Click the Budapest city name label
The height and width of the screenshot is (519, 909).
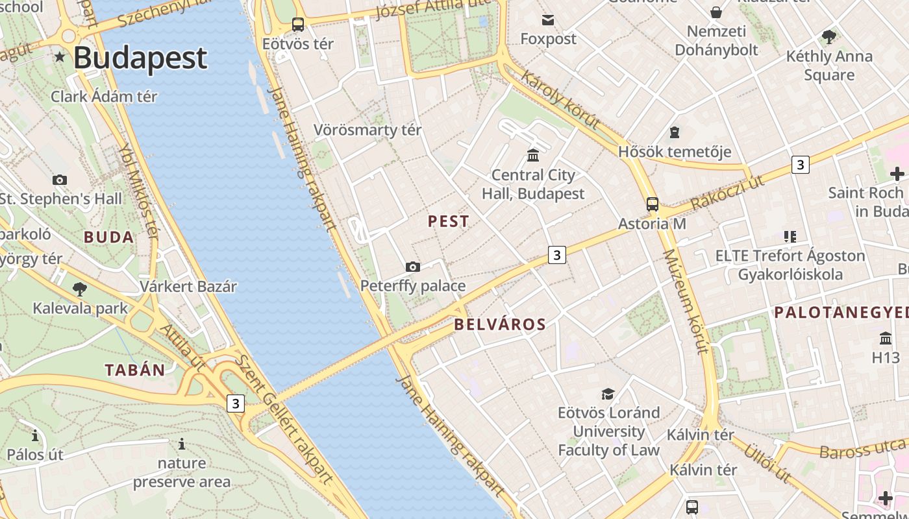point(140,58)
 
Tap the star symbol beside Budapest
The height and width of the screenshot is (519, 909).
point(60,57)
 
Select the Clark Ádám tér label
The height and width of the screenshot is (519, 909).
point(105,97)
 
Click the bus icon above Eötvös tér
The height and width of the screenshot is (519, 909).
point(298,25)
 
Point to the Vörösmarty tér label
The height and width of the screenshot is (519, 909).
point(367,130)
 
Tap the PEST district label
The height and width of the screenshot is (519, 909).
point(448,221)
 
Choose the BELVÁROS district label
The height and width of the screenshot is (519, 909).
point(500,324)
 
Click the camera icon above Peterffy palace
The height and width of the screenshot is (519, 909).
point(412,267)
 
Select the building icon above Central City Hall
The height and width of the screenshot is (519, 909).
point(533,155)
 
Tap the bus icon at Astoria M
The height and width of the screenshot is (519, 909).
point(653,204)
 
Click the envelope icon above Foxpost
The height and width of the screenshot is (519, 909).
point(549,20)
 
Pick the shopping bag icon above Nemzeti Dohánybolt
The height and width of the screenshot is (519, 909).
point(716,12)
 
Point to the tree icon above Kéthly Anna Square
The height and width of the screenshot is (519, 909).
point(829,36)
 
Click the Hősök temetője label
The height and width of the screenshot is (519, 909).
point(675,152)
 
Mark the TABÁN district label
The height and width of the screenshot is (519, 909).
point(135,370)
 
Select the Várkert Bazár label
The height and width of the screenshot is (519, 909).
point(188,286)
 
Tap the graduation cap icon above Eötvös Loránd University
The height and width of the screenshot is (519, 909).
point(608,394)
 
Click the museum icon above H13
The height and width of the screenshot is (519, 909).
point(886,338)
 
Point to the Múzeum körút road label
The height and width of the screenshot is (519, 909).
point(685,302)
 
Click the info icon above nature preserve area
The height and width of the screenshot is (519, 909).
point(182,444)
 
